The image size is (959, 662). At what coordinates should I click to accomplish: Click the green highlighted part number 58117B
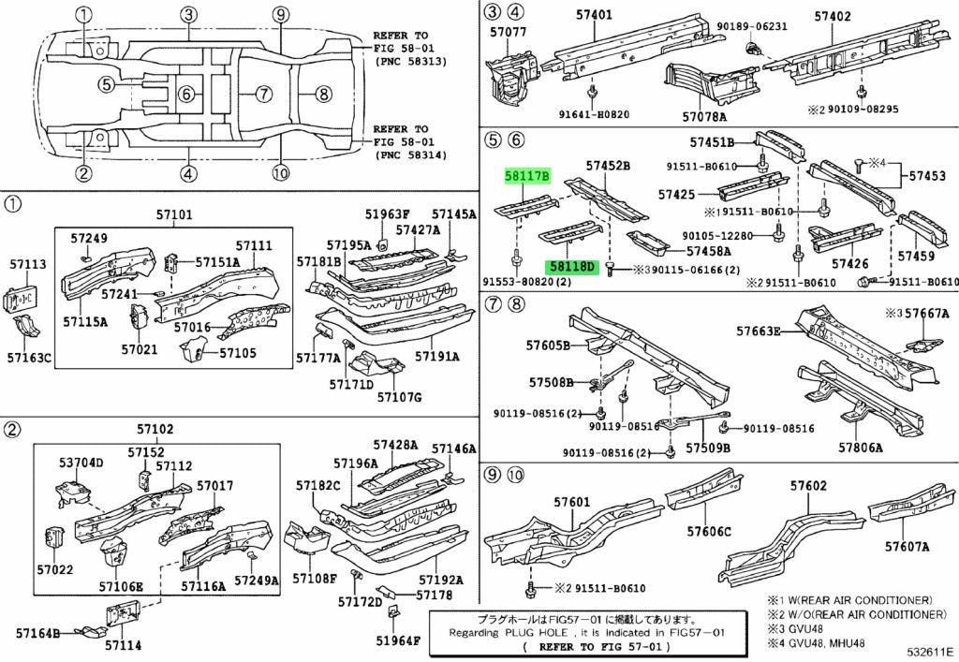pyautogui.click(x=526, y=177)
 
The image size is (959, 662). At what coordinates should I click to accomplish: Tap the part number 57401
pyautogui.click(x=594, y=14)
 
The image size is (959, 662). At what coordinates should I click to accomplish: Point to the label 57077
pyautogui.click(x=508, y=32)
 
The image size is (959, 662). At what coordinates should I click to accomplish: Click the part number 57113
pyautogui.click(x=27, y=264)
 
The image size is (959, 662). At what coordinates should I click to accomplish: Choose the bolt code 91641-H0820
pyautogui.click(x=594, y=114)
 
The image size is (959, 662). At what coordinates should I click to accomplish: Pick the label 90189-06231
pyautogui.click(x=752, y=26)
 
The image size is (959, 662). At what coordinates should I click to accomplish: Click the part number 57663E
pyautogui.click(x=759, y=331)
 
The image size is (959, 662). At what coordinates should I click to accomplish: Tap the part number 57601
pyautogui.click(x=572, y=503)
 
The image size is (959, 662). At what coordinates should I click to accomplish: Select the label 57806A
pyautogui.click(x=861, y=448)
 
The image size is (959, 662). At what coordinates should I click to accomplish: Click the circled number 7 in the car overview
pyautogui.click(x=263, y=94)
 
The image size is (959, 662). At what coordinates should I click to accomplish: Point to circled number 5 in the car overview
pyautogui.click(x=107, y=83)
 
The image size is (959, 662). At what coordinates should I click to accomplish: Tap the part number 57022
pyautogui.click(x=55, y=569)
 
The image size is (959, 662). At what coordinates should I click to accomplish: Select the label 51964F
pyautogui.click(x=398, y=640)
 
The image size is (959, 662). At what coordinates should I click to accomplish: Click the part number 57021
pyautogui.click(x=139, y=349)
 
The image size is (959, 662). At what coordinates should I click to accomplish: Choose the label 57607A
pyautogui.click(x=907, y=547)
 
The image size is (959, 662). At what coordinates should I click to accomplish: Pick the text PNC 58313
pyautogui.click(x=412, y=61)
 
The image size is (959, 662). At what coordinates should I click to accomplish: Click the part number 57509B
pyautogui.click(x=708, y=449)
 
